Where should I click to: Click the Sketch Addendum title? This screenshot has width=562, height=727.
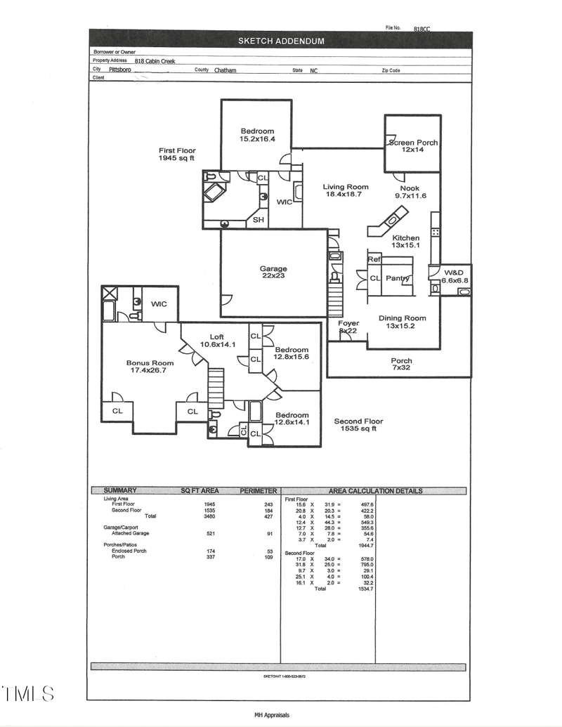[281, 41]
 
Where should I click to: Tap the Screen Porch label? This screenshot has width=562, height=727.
[413, 146]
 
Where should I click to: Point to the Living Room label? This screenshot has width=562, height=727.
[346, 191]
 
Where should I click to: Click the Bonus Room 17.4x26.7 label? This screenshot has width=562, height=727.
[150, 367]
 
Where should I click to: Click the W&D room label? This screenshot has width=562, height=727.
[454, 276]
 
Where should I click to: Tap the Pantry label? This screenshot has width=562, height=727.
[398, 279]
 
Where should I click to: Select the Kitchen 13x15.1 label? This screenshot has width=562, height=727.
[405, 242]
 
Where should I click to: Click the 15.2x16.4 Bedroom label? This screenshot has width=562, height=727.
[257, 136]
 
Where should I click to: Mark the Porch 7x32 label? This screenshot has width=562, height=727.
[402, 364]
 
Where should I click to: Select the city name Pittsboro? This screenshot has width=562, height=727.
[119, 70]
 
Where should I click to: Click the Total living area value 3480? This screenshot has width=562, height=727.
[209, 516]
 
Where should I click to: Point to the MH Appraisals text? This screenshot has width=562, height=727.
[272, 715]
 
